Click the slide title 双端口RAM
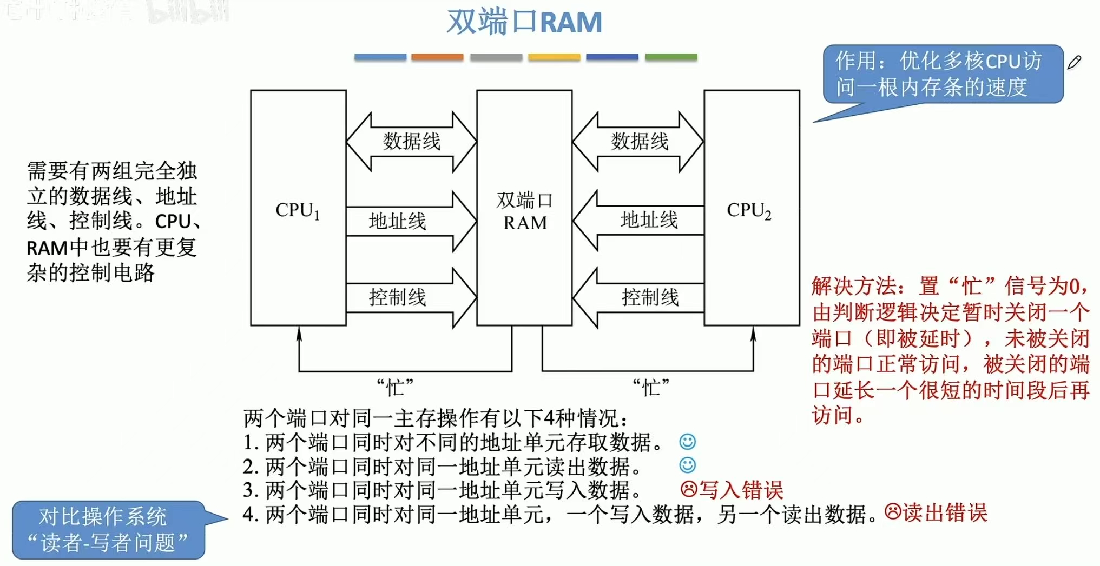524,23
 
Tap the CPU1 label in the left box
298,210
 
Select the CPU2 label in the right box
749,210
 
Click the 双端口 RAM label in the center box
524,211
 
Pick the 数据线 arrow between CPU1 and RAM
411,142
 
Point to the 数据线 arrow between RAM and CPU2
638,142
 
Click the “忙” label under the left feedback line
395,387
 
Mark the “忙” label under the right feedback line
651,387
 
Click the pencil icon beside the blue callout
1075,62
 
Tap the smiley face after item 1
687,442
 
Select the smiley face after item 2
687,465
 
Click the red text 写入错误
741,490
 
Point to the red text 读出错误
945,512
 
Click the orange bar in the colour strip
437,57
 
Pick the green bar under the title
671,57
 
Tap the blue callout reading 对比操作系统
108,530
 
